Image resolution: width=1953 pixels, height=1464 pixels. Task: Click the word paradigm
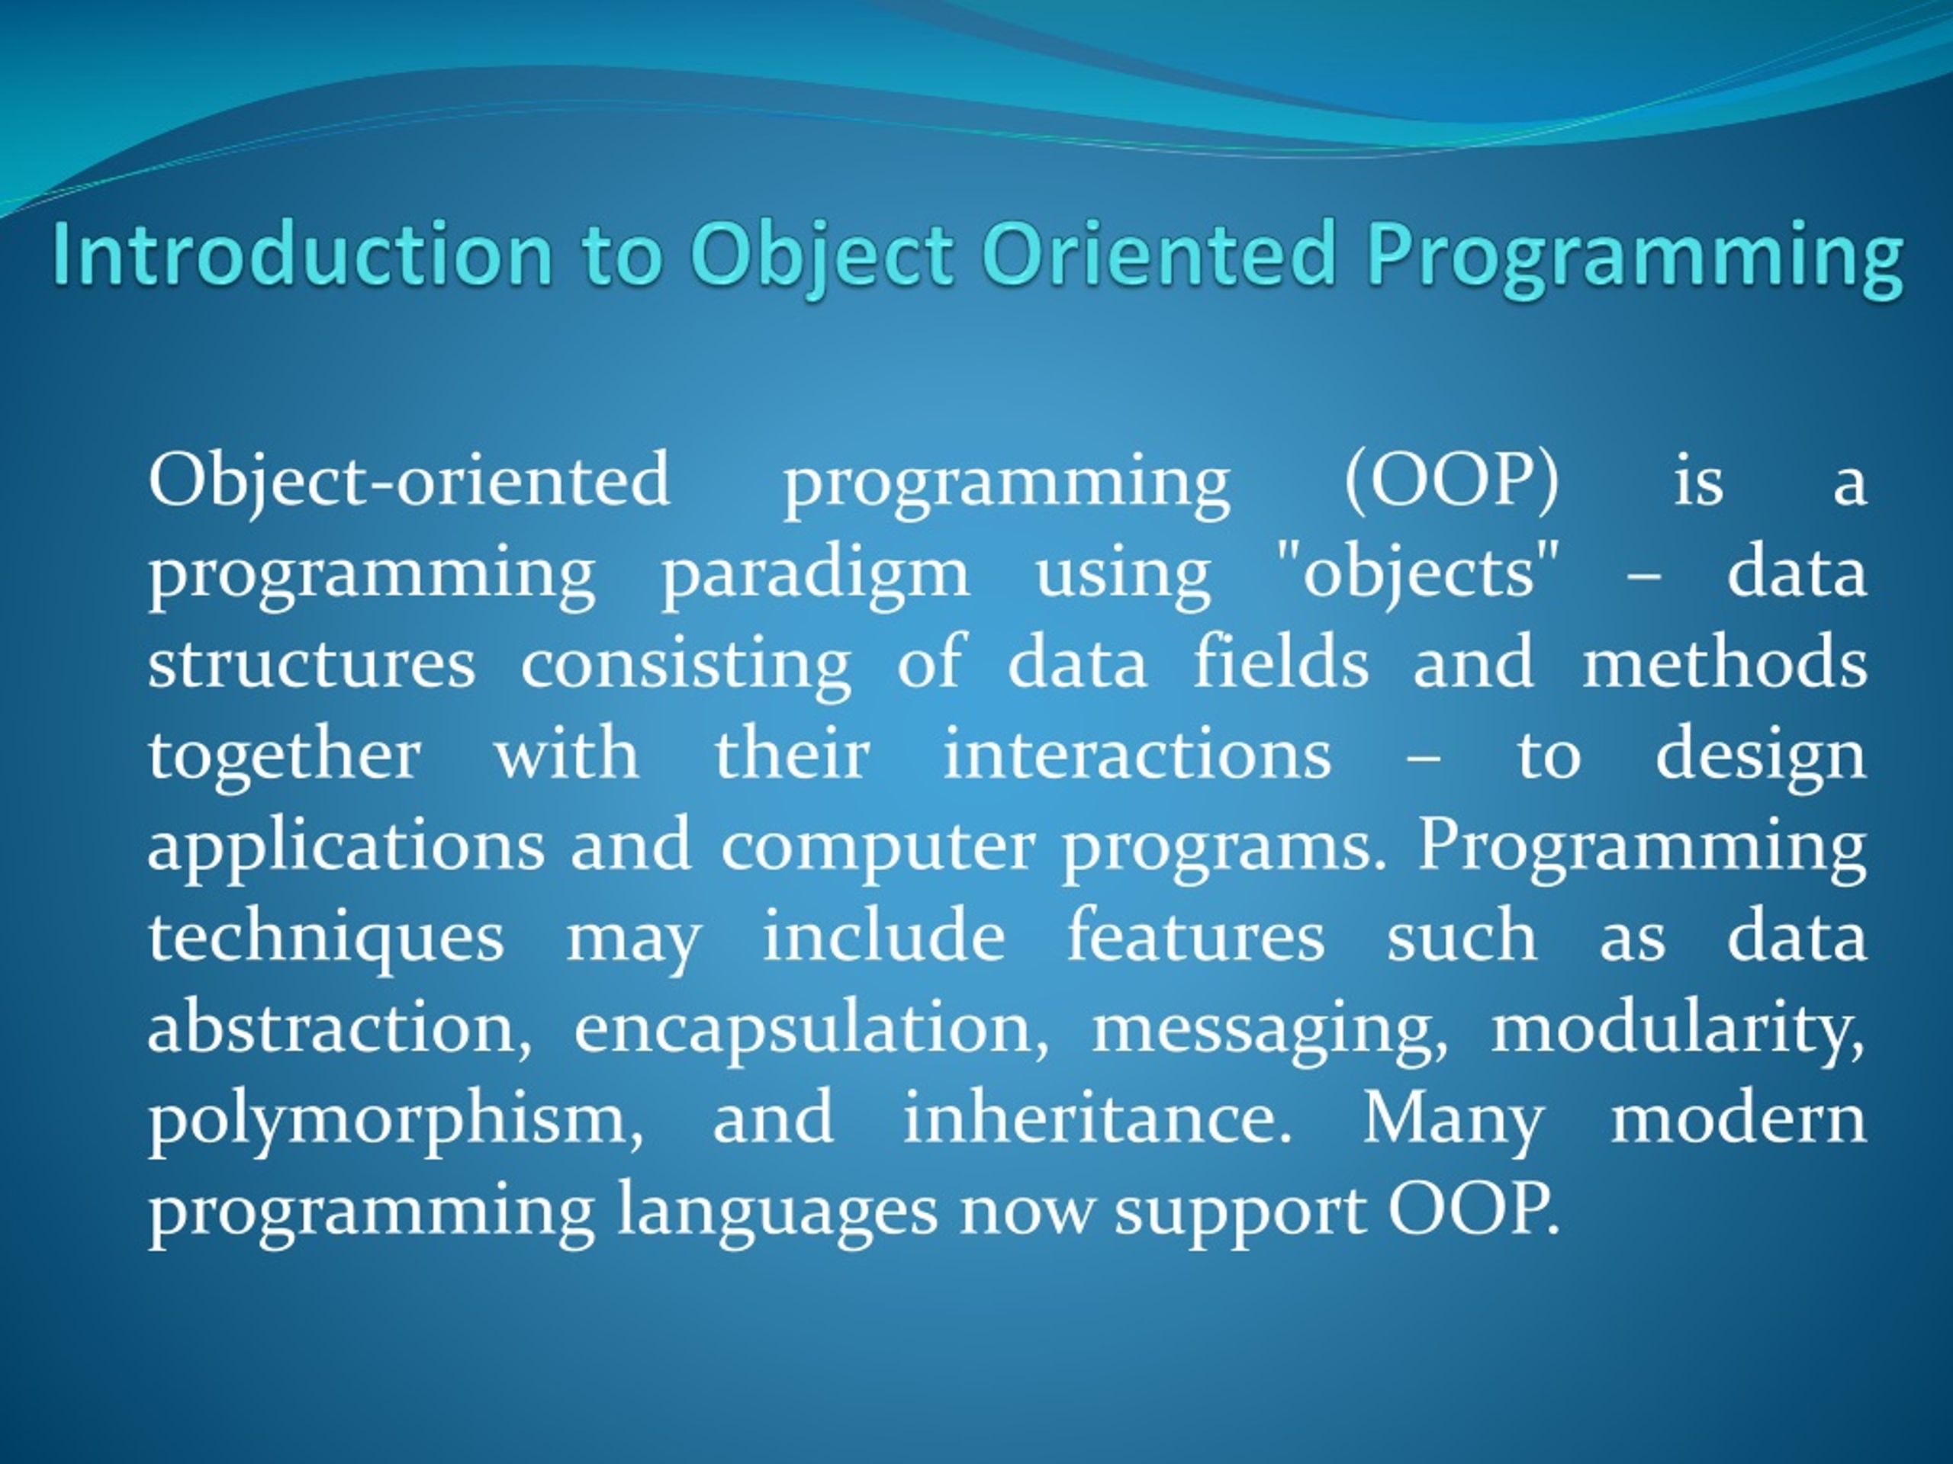(815, 573)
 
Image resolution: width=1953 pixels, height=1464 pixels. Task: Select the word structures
(310, 663)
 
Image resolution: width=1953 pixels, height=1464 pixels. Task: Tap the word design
(1760, 756)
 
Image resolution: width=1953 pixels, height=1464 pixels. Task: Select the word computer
(876, 847)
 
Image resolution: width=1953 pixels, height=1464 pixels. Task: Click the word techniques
(325, 937)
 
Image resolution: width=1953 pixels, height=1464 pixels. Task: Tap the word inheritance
(1096, 1119)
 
